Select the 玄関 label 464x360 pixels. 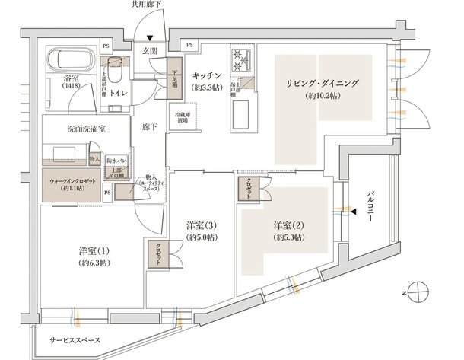point(149,51)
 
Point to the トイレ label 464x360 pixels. point(119,94)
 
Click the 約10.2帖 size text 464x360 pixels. point(323,97)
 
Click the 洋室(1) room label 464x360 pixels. point(95,251)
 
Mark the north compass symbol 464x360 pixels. point(416,292)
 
